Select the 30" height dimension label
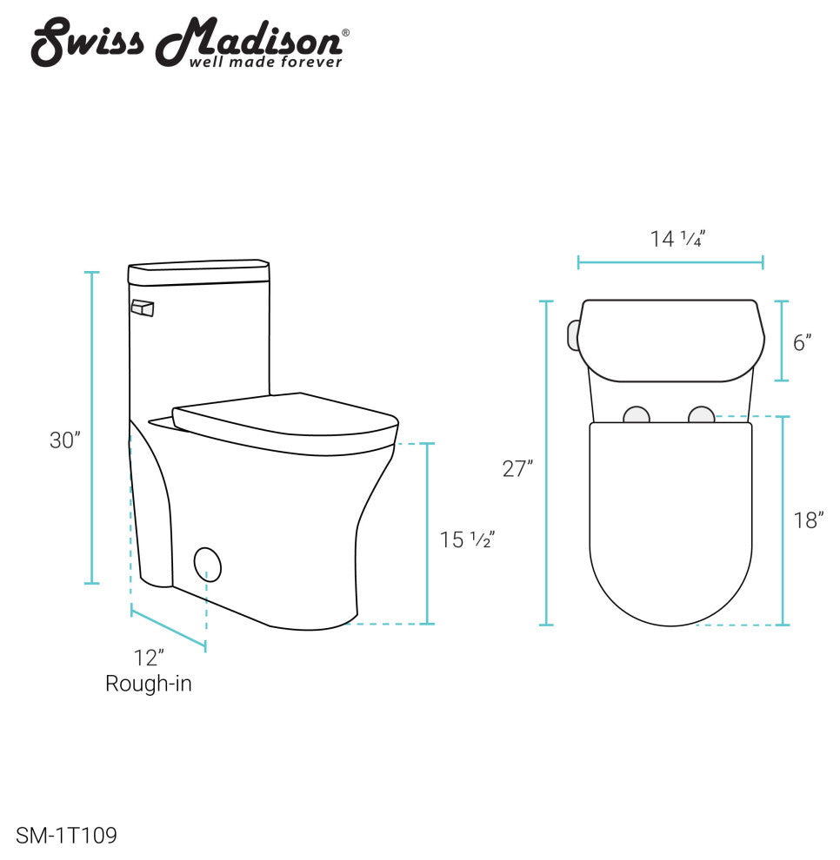click(65, 440)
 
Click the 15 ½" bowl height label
click(466, 539)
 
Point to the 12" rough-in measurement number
click(149, 658)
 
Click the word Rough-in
click(149, 684)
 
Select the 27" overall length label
click(517, 469)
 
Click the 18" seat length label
click(808, 520)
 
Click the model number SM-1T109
click(66, 836)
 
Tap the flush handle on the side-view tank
click(142, 308)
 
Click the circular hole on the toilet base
click(208, 564)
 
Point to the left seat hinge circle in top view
click(637, 414)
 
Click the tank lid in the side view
click(198, 273)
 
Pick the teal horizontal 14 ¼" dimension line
click(670, 261)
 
